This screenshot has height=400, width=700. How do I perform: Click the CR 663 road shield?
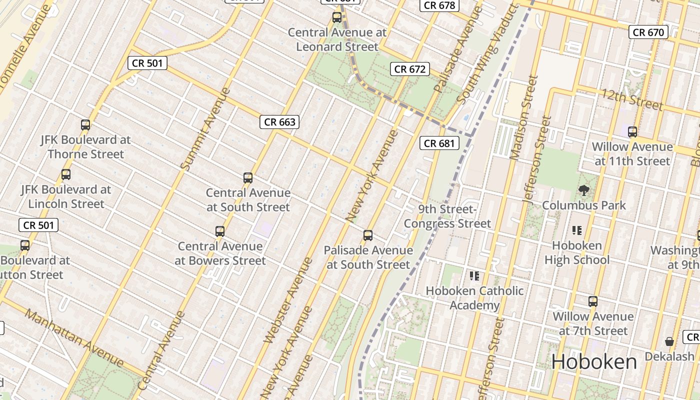279,122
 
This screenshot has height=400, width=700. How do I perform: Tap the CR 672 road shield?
410,69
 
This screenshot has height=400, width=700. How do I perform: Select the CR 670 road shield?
648,32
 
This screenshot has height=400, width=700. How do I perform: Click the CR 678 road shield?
439,5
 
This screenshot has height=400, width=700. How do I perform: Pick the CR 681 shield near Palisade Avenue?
439,143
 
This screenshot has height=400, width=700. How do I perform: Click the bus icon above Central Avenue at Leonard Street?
337,17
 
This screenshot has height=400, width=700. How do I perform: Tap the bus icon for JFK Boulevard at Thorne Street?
85,125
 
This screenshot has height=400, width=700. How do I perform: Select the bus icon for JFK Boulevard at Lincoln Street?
65,174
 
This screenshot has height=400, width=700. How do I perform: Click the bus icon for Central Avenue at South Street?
248,177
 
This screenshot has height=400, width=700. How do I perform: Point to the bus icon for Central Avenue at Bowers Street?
220,231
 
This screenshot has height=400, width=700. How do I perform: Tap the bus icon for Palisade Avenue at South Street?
368,235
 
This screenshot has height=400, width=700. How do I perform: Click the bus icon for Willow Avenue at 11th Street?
632,132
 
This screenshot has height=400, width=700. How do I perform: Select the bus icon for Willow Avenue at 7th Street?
593,301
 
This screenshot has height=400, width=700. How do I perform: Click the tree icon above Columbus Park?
583,190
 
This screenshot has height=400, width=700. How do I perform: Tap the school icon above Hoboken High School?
577,230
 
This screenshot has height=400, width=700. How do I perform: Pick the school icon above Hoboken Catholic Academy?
474,275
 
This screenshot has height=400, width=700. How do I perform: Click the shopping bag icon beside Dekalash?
669,341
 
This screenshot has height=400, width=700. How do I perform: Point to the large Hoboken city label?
594,362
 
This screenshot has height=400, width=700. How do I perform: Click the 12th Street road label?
632,99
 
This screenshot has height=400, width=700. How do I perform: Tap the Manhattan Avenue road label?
74,337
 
